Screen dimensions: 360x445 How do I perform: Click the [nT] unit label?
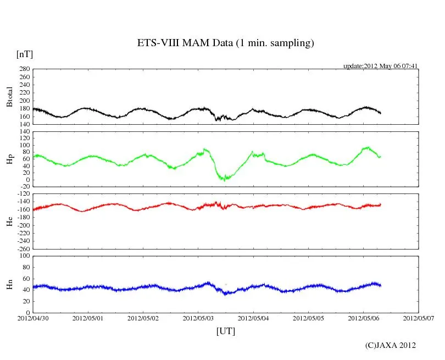[x=25, y=54]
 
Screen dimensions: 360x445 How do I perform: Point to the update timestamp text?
[x=381, y=66]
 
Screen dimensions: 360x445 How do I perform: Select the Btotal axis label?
[x=9, y=97]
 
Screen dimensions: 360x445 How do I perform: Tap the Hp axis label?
[x=9, y=159]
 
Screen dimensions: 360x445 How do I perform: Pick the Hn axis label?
[x=9, y=284]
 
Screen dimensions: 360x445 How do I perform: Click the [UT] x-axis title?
[x=226, y=331]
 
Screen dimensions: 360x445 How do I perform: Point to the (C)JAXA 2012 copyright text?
[x=390, y=345]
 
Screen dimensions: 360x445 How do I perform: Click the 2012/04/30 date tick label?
[x=33, y=318]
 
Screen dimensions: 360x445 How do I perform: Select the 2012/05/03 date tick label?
[x=198, y=318]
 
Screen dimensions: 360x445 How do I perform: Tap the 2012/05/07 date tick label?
[x=419, y=318]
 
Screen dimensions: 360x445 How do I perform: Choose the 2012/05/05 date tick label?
[x=308, y=318]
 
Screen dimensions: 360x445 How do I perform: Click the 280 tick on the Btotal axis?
[x=23, y=69]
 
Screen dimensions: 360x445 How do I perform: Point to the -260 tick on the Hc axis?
[x=22, y=248]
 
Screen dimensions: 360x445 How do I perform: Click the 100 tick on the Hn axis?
[x=23, y=256]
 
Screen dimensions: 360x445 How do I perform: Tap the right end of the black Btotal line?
[x=381, y=113]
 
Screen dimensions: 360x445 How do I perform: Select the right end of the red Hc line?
[x=381, y=205]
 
